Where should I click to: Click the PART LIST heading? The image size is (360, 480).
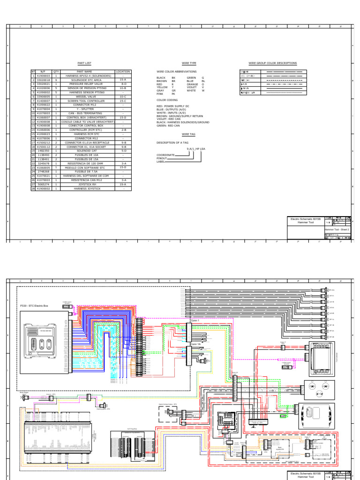pyautogui.click(x=84, y=63)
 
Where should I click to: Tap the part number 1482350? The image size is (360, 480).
pyautogui.click(x=44, y=151)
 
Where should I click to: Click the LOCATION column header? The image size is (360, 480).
pyautogui.click(x=123, y=72)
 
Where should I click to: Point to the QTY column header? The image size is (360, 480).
pyautogui.click(x=56, y=72)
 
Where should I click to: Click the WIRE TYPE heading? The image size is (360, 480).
pyautogui.click(x=189, y=63)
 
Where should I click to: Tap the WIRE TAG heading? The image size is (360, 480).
pyautogui.click(x=188, y=134)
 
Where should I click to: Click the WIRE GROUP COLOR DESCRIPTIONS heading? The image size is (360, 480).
pyautogui.click(x=272, y=63)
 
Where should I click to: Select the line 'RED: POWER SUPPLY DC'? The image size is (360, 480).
pyautogui.click(x=173, y=106)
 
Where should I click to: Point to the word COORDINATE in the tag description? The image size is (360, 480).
pyautogui.click(x=165, y=155)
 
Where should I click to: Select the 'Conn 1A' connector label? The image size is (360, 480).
pyautogui.click(x=195, y=343)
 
